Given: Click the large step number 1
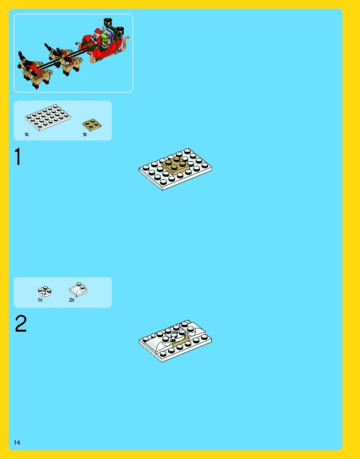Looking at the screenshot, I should point(18,157).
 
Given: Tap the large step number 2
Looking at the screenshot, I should point(21,324).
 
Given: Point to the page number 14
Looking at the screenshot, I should point(17,443).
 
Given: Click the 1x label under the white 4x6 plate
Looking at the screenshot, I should point(27,134).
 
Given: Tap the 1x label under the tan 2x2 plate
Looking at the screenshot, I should point(85,134).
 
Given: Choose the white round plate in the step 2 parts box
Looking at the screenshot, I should point(44,290).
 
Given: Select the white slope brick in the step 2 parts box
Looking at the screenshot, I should point(78,288).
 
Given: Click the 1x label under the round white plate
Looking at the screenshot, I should point(40,300).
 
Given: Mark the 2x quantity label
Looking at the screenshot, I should point(72,300).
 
